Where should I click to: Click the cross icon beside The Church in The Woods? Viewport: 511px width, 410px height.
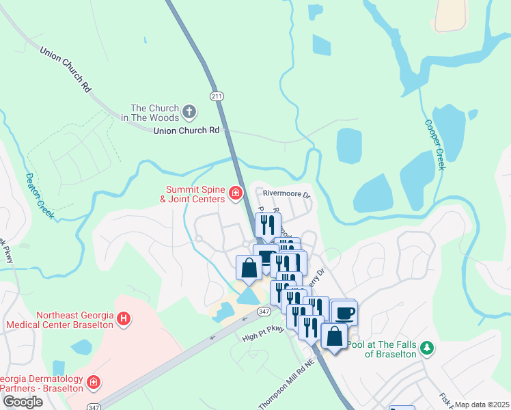point(189,111)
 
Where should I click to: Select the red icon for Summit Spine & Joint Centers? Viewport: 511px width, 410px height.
point(235,193)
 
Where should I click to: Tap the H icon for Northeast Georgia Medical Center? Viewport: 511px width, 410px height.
point(124,318)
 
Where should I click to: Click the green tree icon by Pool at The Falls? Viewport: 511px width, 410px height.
point(427,348)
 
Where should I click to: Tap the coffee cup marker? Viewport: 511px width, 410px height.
point(344,312)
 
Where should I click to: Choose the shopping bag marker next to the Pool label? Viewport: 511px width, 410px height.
point(334,336)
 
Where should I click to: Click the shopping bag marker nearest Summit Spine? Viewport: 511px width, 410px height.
point(249,267)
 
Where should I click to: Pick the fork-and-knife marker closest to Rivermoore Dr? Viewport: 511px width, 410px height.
point(268,224)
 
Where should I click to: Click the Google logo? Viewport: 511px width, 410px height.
point(23,402)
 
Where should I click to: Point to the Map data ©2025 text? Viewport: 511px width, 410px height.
point(482,405)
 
